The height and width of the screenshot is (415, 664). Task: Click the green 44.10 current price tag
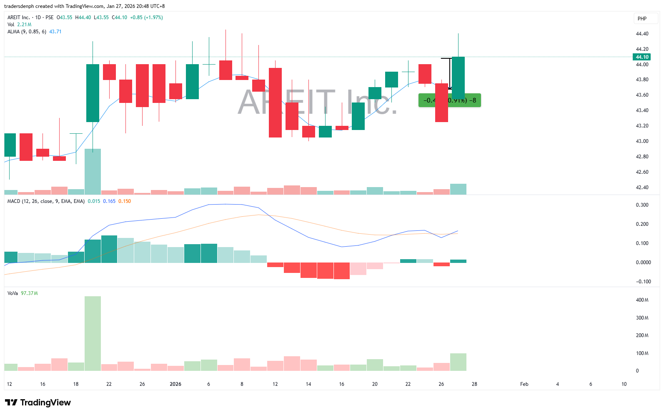pos(641,57)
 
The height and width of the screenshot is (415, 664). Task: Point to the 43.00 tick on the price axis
pos(642,141)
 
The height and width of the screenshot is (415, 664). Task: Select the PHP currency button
pos(642,19)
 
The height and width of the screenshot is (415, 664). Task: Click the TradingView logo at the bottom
pos(38,402)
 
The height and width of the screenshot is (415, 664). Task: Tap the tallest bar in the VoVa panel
pos(93,333)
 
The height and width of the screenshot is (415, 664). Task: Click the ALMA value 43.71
pos(55,32)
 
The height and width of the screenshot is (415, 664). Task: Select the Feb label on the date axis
pos(524,384)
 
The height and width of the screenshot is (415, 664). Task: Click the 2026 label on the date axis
pos(175,384)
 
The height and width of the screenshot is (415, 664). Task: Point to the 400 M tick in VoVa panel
pos(642,300)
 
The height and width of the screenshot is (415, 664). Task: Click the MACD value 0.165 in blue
pos(109,201)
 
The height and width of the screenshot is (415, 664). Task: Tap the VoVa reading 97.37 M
pos(29,293)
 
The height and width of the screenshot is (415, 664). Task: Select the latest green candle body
pos(458,77)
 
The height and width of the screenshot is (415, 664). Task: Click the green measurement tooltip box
pos(449,100)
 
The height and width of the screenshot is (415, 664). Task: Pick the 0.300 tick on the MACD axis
pos(642,205)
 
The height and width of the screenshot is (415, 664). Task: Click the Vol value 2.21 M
pos(24,25)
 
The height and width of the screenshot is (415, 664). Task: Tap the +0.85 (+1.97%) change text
pos(146,17)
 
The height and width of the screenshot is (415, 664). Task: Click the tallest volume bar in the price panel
pos(93,172)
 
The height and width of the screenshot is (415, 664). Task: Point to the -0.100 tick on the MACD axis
pos(643,282)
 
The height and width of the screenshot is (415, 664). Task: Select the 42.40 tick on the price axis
pos(642,187)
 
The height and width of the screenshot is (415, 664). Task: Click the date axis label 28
pos(474,384)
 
